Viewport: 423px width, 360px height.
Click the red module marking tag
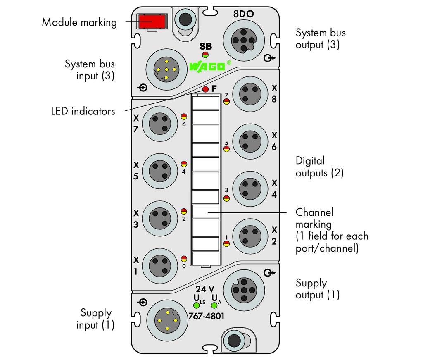point(152,21)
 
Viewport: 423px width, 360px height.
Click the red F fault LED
point(205,89)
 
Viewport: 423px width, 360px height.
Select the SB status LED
point(205,55)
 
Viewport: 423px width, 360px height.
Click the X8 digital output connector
point(250,94)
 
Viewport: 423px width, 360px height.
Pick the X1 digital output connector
point(160,266)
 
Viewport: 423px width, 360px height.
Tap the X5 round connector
point(160,171)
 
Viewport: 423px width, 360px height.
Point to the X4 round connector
point(250,189)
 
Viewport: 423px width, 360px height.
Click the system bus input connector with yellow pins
point(166,69)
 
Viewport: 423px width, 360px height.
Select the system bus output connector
point(244,41)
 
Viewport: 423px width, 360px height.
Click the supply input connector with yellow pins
point(167,321)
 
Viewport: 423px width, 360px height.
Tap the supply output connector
point(244,291)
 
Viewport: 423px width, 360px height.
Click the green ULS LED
point(196,305)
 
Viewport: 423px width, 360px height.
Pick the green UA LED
point(214,305)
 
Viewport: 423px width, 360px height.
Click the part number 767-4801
point(207,316)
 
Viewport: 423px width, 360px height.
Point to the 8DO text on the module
point(244,14)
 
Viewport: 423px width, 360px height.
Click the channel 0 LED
point(184,259)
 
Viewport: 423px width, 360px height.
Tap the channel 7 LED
point(227,101)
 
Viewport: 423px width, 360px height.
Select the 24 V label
point(205,289)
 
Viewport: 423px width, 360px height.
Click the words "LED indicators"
point(83,111)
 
